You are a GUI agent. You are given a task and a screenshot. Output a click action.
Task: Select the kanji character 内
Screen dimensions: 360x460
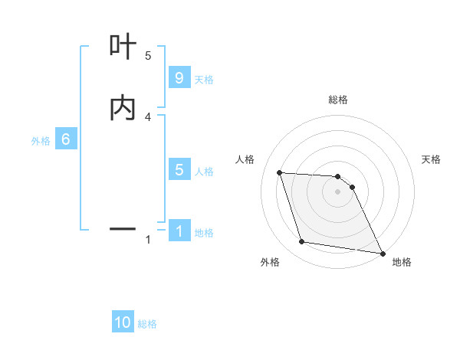pos(123,108)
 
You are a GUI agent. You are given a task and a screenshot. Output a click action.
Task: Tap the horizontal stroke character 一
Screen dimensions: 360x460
pos(123,228)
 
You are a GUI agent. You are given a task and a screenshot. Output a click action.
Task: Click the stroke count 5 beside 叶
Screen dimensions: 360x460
pos(148,55)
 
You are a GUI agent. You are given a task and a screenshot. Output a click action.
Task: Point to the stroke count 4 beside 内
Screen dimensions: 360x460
pos(148,116)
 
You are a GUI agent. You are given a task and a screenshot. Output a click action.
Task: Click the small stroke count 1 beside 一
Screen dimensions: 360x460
pos(148,240)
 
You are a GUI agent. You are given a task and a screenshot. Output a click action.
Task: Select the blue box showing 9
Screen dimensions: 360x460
pos(179,78)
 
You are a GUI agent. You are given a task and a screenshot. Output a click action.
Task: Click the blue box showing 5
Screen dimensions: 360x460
pos(179,170)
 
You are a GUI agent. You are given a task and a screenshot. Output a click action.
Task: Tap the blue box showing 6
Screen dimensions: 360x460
pos(66,139)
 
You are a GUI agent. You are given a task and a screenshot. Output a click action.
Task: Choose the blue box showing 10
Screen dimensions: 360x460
pos(123,322)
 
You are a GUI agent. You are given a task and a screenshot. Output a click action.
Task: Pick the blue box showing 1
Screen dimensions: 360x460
pos(179,231)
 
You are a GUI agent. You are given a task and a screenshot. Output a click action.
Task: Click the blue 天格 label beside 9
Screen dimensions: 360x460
pos(204,80)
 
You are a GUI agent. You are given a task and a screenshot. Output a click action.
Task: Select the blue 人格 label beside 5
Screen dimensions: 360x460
pos(204,172)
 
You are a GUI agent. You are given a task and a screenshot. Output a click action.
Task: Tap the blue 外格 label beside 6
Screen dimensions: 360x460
pos(41,141)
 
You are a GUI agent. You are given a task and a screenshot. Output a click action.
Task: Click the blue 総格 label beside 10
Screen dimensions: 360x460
pos(147,324)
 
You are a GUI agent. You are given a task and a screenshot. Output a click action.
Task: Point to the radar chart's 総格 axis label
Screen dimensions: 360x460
pos(338,100)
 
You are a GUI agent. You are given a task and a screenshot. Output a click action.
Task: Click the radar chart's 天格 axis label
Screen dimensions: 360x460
pos(432,159)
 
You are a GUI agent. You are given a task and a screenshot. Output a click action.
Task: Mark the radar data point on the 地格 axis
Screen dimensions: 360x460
pos(382,253)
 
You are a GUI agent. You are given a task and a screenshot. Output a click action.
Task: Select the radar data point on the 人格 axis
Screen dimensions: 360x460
pos(280,173)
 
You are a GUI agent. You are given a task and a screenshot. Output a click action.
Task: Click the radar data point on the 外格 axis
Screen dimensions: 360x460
pos(302,242)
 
